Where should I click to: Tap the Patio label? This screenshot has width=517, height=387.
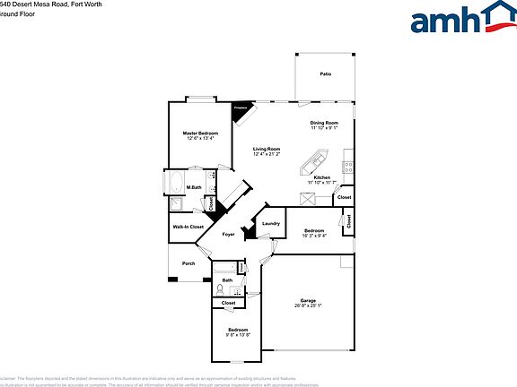(325, 73)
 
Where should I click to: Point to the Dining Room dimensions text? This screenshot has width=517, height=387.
(324, 127)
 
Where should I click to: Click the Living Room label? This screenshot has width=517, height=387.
(266, 149)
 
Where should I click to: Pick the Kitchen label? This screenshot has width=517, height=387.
(322, 177)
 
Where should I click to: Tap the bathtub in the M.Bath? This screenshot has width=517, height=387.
(176, 185)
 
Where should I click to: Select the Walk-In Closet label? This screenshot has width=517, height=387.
(188, 227)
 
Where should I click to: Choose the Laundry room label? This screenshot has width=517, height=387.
(271, 224)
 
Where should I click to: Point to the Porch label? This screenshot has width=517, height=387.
(188, 263)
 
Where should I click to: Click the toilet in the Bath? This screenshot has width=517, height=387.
(219, 288)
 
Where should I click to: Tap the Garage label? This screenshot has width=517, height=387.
(308, 300)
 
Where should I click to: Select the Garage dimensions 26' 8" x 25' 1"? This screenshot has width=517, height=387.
(308, 305)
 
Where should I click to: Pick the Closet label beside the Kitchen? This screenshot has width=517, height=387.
(344, 197)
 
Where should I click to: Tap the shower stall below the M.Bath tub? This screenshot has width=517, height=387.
(178, 205)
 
